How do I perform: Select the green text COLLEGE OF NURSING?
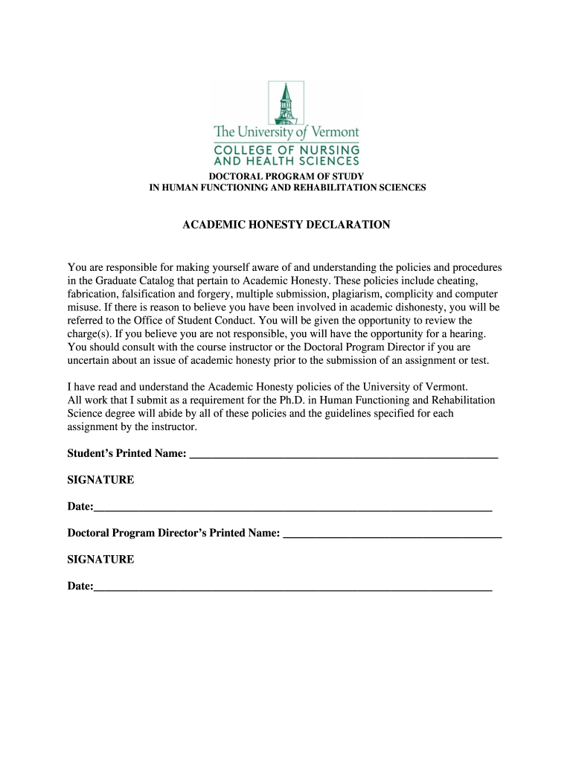pyautogui.click(x=286, y=149)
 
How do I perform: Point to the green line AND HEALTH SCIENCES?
pyautogui.click(x=286, y=160)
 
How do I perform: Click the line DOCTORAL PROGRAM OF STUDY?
pyautogui.click(x=286, y=176)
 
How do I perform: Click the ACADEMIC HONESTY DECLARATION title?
pyautogui.click(x=286, y=225)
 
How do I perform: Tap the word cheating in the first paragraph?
pyautogui.click(x=457, y=281)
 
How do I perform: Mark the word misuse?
pyautogui.click(x=83, y=307)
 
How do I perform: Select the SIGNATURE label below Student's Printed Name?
pyautogui.click(x=100, y=480)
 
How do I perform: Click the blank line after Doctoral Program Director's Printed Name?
pyautogui.click(x=393, y=534)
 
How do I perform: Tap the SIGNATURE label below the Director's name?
pyautogui.click(x=100, y=560)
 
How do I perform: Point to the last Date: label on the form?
pyautogui.click(x=80, y=586)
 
